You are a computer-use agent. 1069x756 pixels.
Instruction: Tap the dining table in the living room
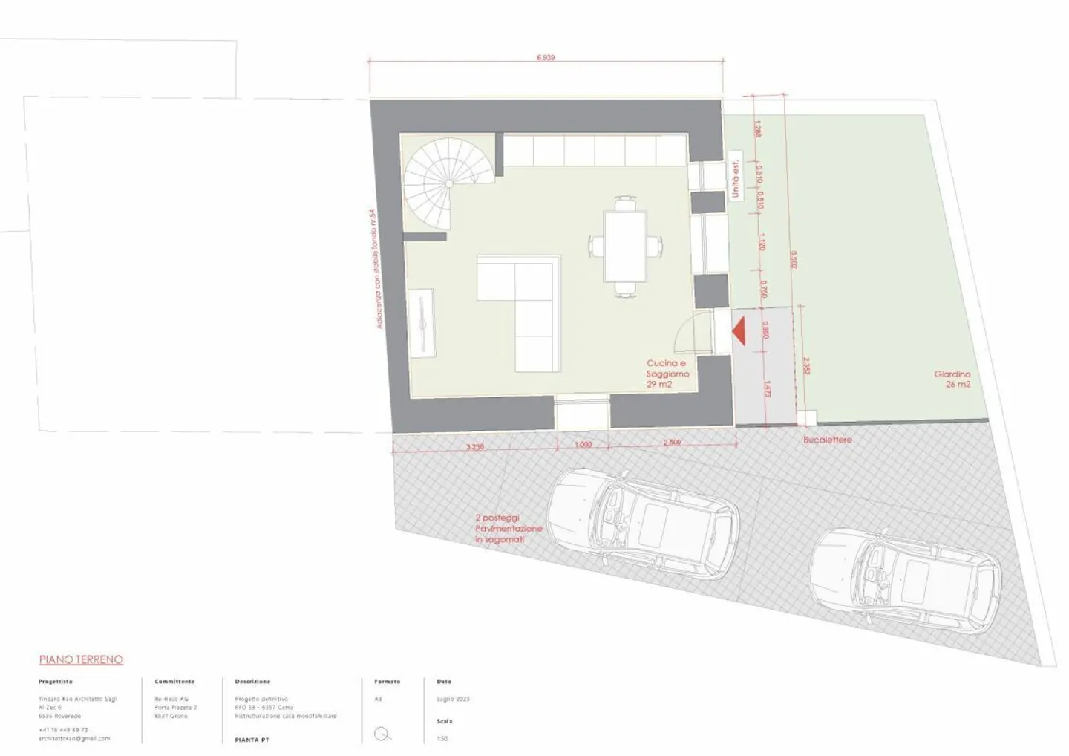pyautogui.click(x=625, y=246)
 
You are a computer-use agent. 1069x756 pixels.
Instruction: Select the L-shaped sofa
pyautogui.click(x=520, y=313)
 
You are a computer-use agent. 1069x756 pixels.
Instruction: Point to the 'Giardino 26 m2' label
pyautogui.click(x=952, y=379)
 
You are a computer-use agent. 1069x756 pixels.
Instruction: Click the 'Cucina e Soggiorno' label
pyautogui.click(x=667, y=374)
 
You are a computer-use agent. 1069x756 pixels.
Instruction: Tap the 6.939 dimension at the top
pyautogui.click(x=546, y=57)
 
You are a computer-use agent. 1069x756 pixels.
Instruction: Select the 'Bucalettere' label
pyautogui.click(x=827, y=440)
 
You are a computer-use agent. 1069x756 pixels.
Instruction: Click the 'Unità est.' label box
pyautogui.click(x=735, y=180)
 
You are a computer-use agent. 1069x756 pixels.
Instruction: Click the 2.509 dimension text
pyautogui.click(x=672, y=443)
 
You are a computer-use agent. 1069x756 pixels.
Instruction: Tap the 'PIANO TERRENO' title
pyautogui.click(x=81, y=659)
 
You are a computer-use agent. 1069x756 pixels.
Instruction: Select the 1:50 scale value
pyautogui.click(x=442, y=738)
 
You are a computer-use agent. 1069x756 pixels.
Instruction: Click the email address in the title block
pyautogui.click(x=74, y=738)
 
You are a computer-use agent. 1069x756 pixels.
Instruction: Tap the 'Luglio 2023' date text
pyautogui.click(x=453, y=699)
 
